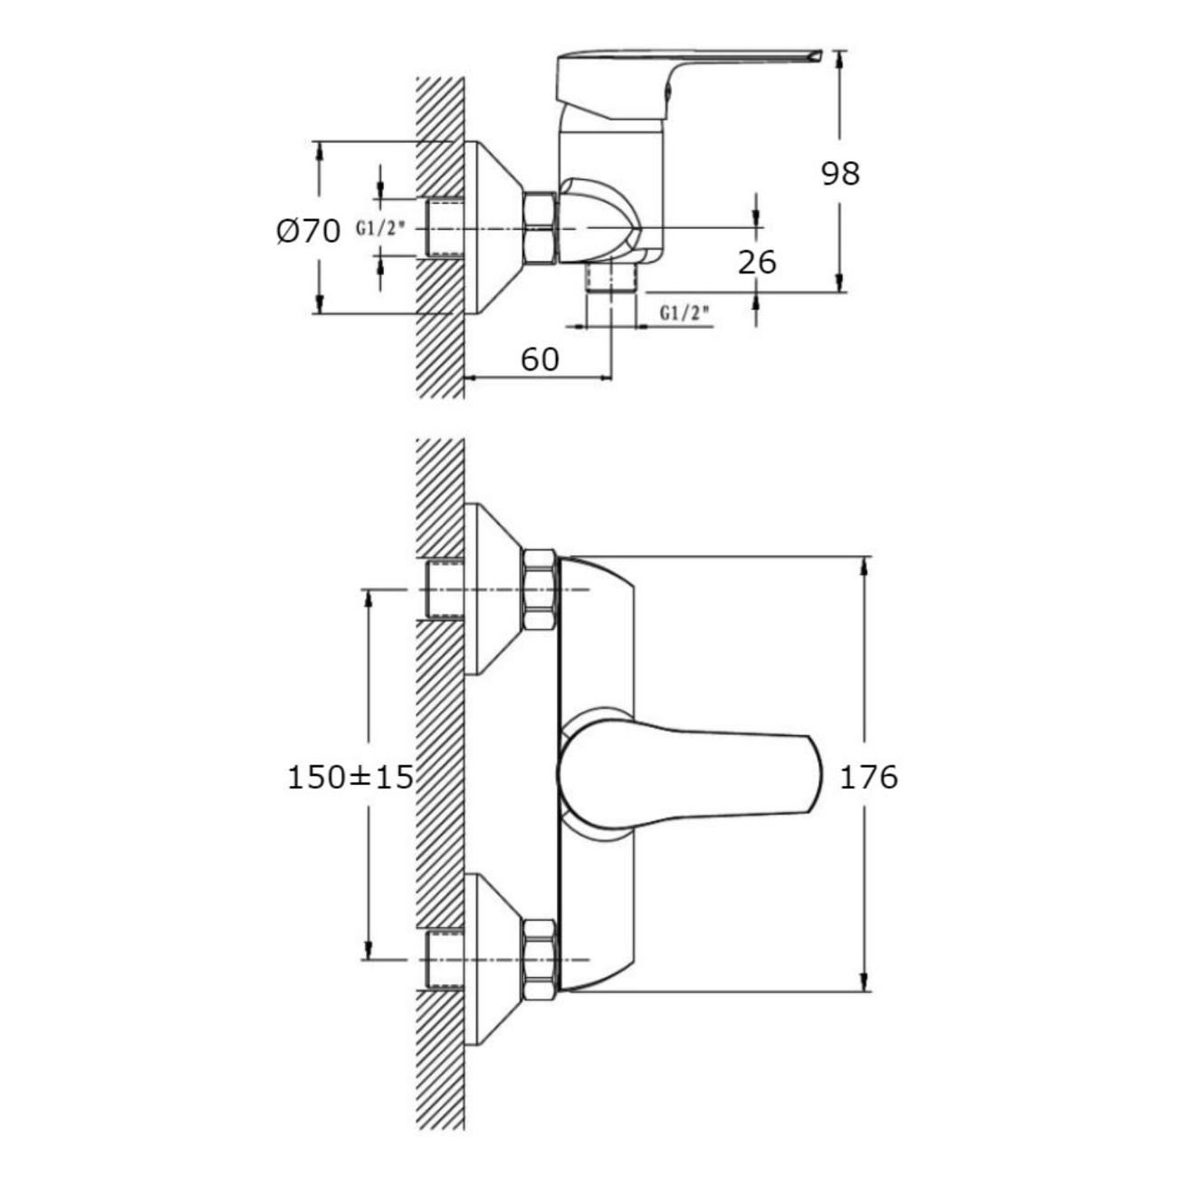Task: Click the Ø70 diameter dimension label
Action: pos(308,232)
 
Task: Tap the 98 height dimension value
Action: pos(840,173)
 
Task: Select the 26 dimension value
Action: pos(757,262)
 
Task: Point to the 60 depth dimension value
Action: pos(540,359)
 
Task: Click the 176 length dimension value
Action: pos(868,777)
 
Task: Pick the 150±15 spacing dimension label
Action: pos(349,777)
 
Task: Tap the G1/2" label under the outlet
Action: pos(684,313)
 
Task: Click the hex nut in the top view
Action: pos(540,227)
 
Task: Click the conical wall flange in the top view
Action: pos(493,227)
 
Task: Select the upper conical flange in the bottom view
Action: pos(493,589)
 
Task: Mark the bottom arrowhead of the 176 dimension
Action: pos(866,983)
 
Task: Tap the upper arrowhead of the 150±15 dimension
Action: pos(368,599)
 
